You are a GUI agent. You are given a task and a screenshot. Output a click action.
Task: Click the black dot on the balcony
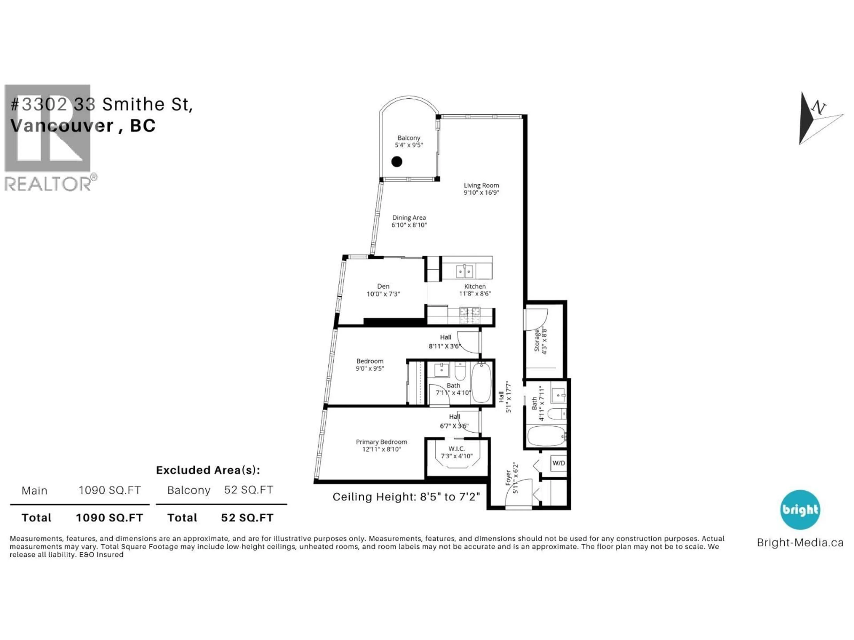(397, 162)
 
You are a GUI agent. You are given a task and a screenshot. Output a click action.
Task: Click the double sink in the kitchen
(464, 272)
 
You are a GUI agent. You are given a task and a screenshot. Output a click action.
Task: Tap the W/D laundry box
(558, 463)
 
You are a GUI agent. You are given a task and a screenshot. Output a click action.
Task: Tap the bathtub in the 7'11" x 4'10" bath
(481, 382)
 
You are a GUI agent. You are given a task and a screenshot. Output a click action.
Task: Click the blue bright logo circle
(800, 510)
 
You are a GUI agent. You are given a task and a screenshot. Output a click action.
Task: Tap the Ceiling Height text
(406, 497)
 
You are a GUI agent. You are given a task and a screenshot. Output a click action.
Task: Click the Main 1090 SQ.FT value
(110, 490)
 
